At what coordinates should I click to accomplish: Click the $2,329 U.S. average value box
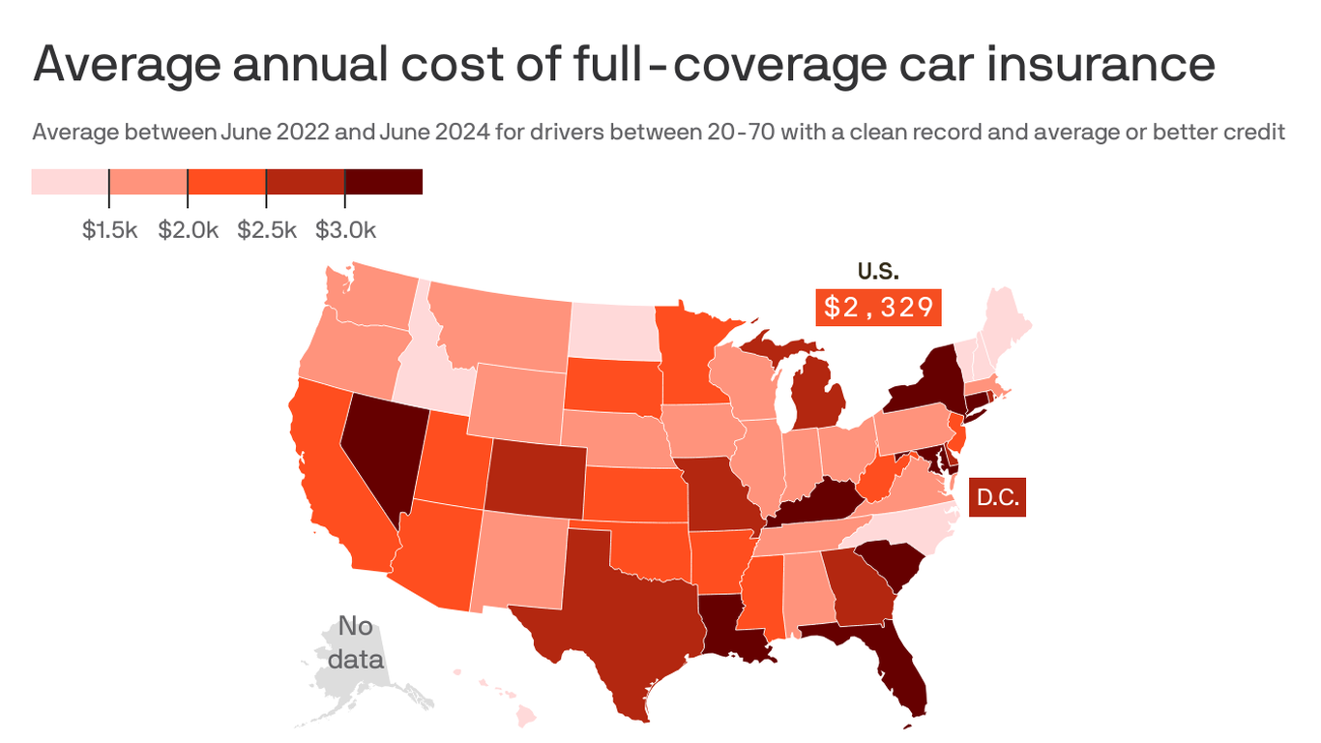[x=879, y=308]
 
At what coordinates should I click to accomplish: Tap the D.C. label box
[x=997, y=498]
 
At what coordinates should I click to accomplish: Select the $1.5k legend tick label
[x=109, y=230]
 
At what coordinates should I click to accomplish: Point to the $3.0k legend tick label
[x=345, y=230]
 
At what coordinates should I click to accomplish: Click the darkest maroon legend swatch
[x=384, y=181]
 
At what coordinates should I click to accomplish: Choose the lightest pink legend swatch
[x=70, y=181]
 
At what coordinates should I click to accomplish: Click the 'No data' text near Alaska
[x=355, y=642]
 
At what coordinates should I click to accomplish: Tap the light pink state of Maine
[x=1006, y=319]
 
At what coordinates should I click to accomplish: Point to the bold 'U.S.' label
[x=878, y=272]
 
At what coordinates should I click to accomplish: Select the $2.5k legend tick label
[x=266, y=230]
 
